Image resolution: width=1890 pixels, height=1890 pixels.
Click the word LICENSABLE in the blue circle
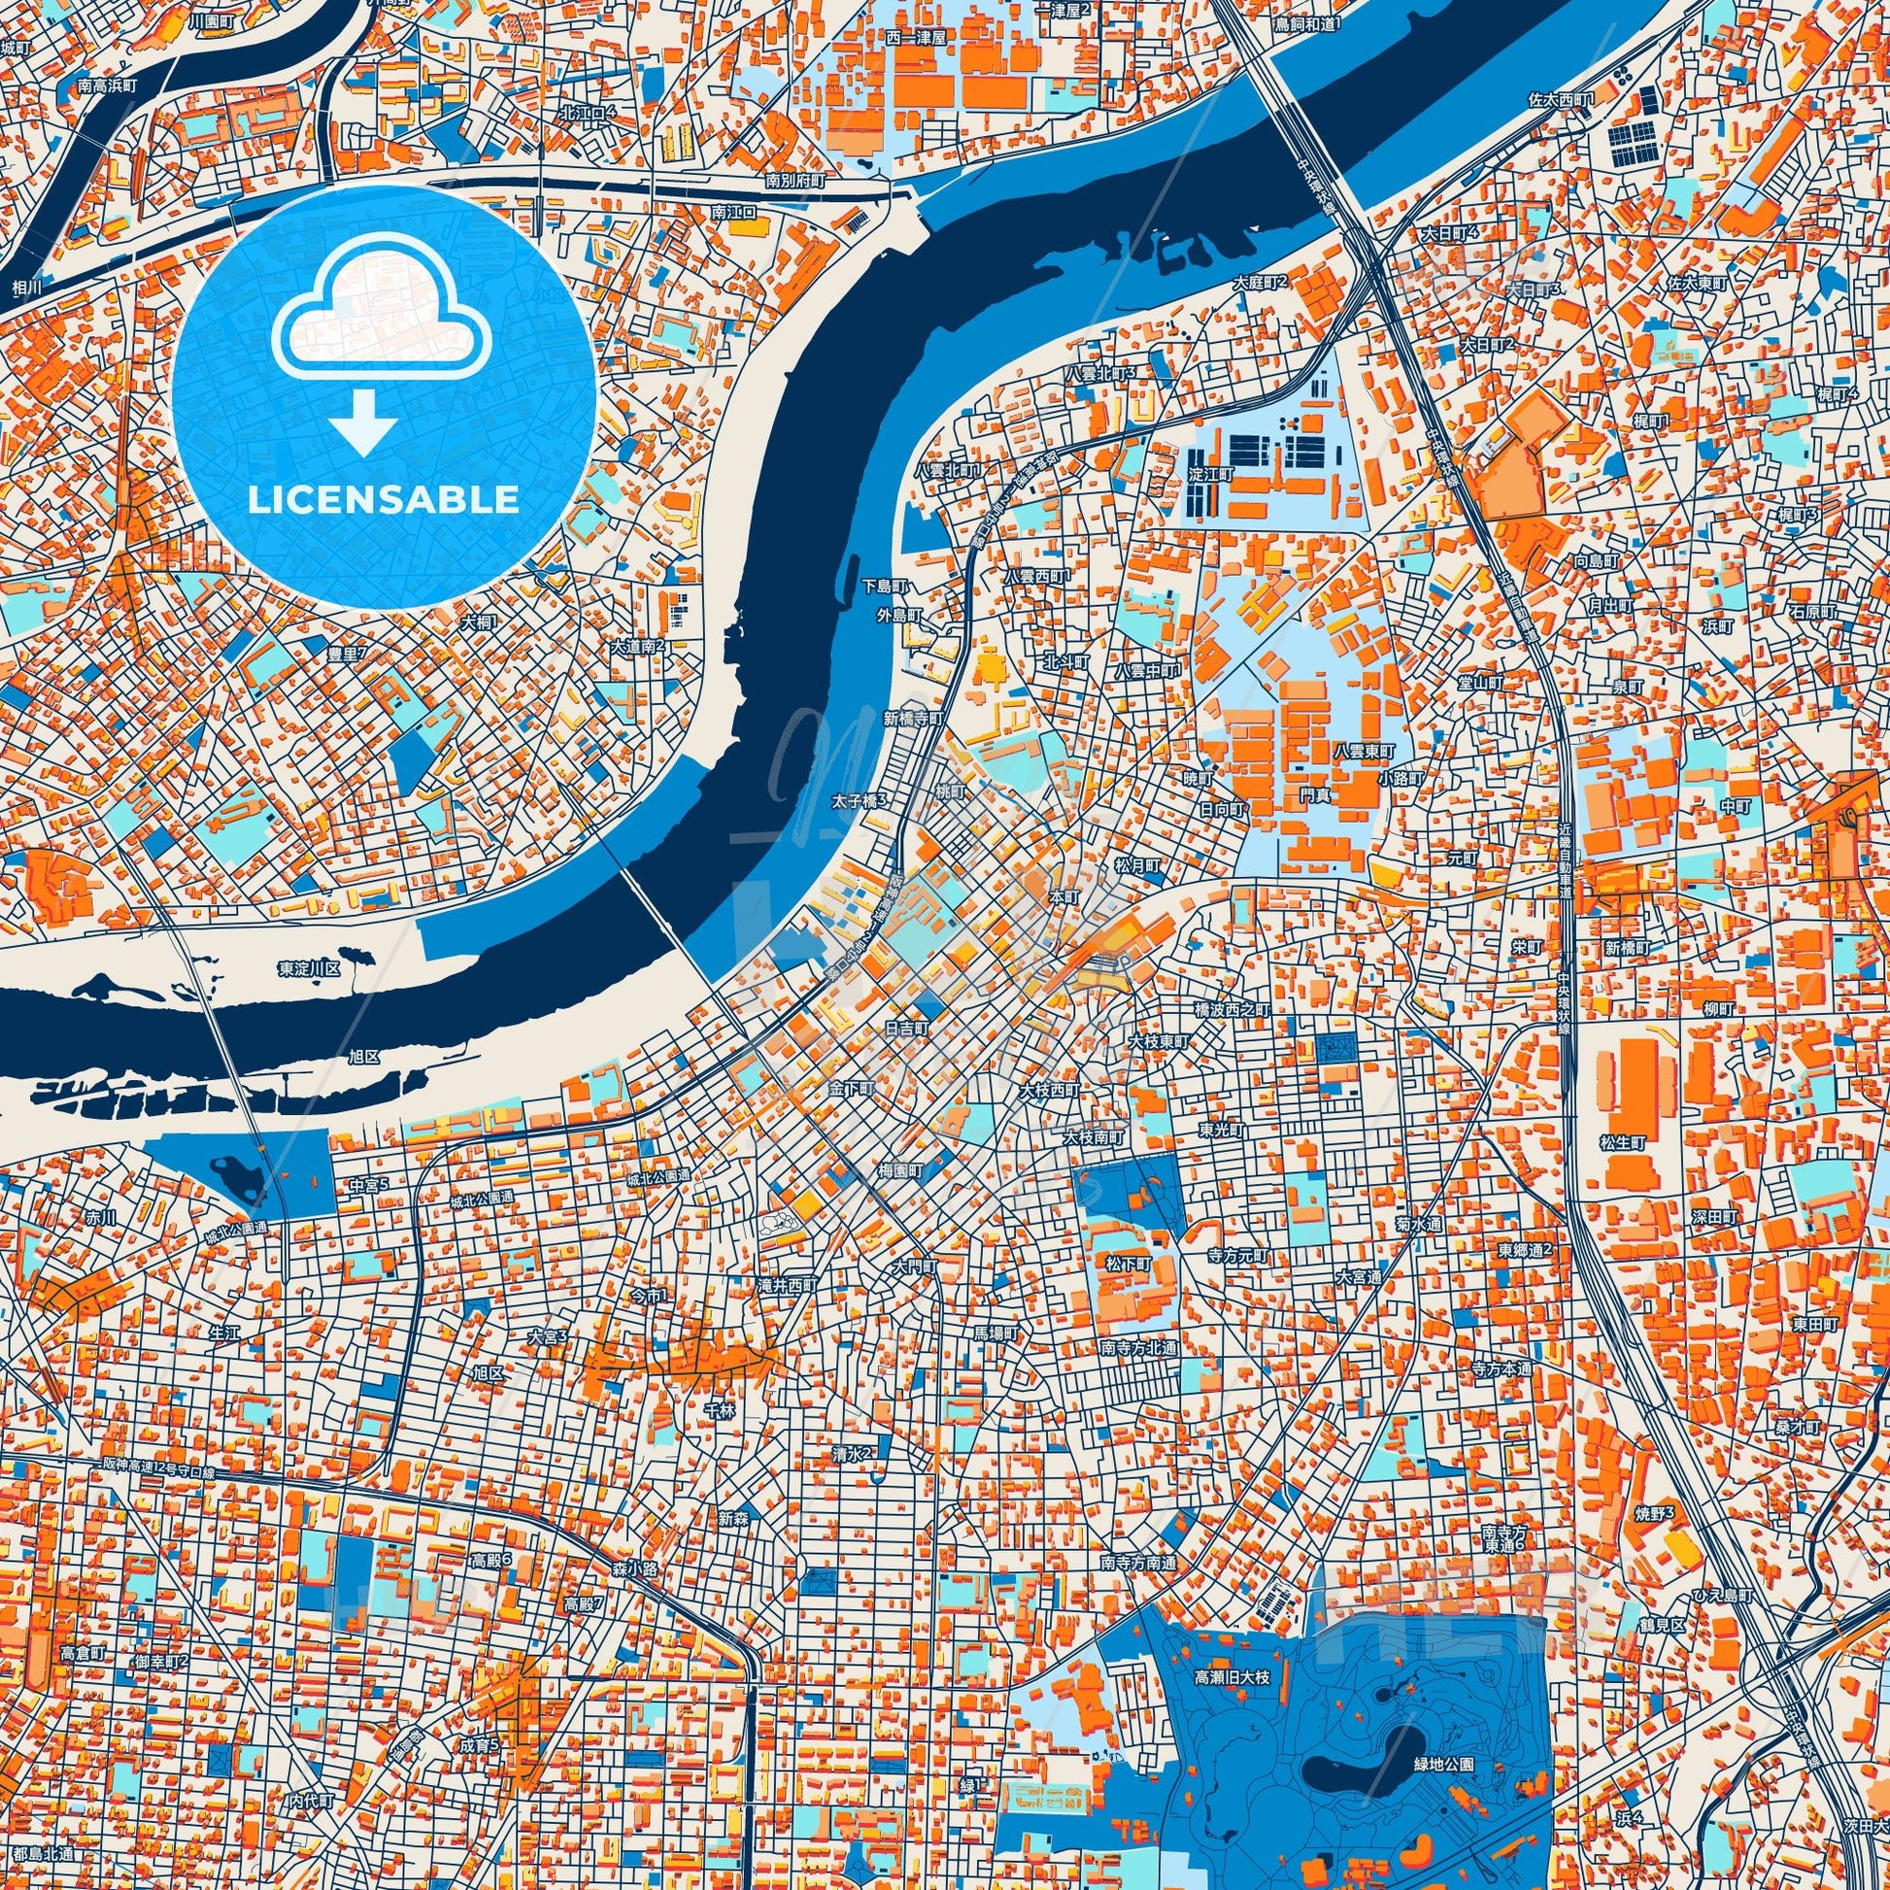pyautogui.click(x=384, y=500)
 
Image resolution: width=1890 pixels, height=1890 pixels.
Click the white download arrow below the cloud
pyautogui.click(x=363, y=419)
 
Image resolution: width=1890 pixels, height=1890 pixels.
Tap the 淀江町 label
pyautogui.click(x=1211, y=471)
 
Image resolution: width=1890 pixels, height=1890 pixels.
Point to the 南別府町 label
pyautogui.click(x=796, y=180)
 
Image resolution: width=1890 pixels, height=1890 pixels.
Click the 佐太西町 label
pyautogui.click(x=1563, y=100)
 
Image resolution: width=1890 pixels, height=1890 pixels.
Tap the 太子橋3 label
pyautogui.click(x=861, y=801)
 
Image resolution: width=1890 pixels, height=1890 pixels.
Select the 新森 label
pyautogui.click(x=732, y=1518)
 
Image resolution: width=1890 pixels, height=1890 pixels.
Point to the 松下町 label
pyautogui.click(x=1128, y=1264)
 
